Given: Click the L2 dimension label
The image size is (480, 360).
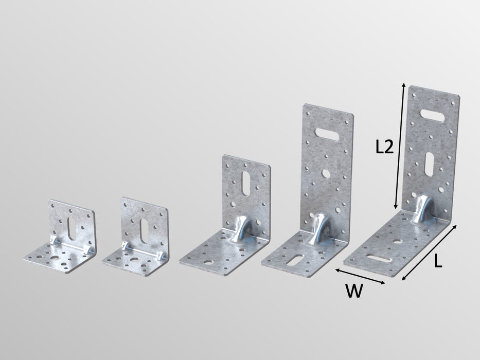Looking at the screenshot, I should [384, 148].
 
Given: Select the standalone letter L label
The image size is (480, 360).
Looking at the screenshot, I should [438, 262].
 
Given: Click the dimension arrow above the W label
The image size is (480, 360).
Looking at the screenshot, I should [360, 276].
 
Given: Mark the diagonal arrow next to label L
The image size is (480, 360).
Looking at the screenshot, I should [429, 252].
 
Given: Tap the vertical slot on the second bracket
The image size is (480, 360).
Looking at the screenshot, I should [141, 231].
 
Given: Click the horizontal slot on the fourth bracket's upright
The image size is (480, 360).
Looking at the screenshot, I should [328, 135].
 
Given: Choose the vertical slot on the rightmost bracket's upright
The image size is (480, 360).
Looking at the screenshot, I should [429, 164].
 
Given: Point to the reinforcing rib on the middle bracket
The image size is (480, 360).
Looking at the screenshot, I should [240, 229].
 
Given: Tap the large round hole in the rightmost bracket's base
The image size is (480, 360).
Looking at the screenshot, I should [398, 240].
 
